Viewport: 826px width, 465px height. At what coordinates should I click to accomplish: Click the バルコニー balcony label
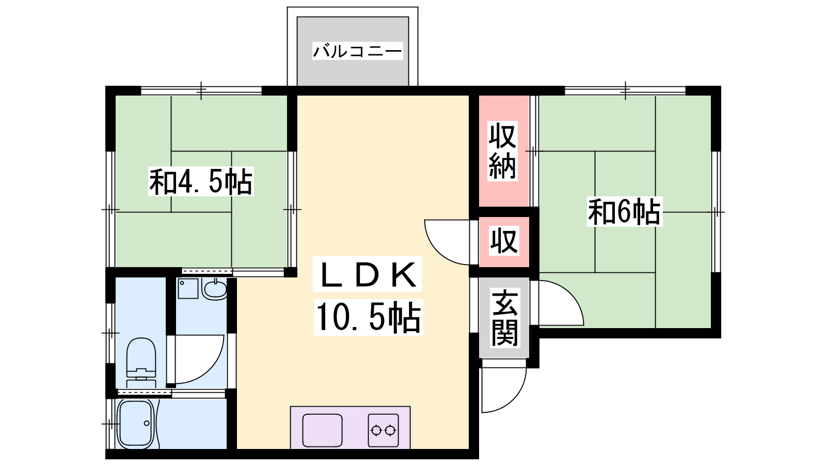click(357, 51)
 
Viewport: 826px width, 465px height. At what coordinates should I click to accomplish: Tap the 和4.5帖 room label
click(201, 181)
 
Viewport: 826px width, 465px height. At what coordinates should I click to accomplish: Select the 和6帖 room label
click(625, 211)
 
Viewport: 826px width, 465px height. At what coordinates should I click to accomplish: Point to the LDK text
click(368, 274)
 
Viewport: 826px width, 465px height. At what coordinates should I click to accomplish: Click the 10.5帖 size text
click(369, 317)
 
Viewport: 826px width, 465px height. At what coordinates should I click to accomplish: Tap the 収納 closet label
click(503, 151)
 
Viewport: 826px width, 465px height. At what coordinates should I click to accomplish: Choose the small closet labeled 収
click(504, 241)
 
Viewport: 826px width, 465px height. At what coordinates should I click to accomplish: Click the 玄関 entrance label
click(504, 318)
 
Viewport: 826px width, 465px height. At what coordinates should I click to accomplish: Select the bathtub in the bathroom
click(136, 424)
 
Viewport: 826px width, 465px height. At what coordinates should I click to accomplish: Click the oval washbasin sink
click(214, 289)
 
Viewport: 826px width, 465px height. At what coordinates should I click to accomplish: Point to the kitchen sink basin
click(322, 430)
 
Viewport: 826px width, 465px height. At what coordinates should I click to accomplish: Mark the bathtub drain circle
click(147, 423)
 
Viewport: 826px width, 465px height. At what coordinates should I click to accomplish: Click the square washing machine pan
click(188, 289)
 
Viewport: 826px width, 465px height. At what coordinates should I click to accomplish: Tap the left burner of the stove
click(376, 430)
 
